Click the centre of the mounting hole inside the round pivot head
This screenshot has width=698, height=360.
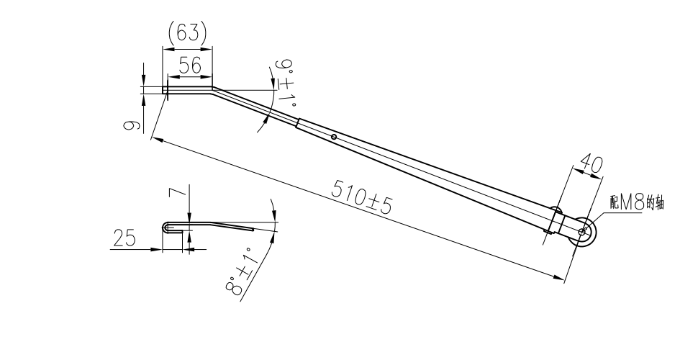tap(582, 232)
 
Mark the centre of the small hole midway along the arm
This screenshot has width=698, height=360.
tap(334, 137)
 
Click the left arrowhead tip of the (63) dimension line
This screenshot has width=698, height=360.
tap(163, 49)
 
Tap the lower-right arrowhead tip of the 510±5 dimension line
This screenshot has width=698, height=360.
tap(564, 279)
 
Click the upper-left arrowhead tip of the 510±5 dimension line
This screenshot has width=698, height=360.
tap(151, 138)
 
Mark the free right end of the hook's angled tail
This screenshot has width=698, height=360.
tap(253, 230)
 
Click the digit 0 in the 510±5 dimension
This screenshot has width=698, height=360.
tap(361, 194)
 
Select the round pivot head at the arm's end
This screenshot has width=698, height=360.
tap(582, 232)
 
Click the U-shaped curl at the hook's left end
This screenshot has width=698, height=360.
tap(166, 228)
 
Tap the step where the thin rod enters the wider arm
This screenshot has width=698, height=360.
tap(298, 123)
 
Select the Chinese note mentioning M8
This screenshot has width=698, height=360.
tap(637, 203)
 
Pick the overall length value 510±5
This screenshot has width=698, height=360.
tap(362, 196)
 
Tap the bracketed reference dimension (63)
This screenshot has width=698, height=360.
tap(188, 32)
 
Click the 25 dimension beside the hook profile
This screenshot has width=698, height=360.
tap(124, 238)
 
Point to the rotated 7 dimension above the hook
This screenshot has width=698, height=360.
tap(177, 192)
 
